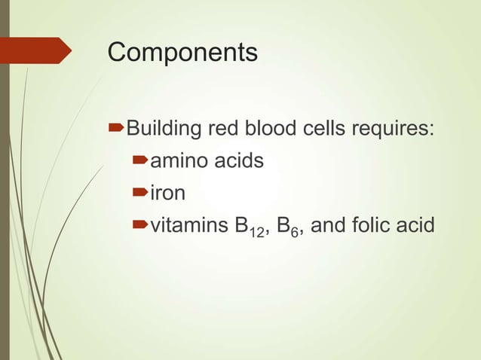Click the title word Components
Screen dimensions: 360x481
(182, 53)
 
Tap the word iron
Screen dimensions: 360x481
(168, 194)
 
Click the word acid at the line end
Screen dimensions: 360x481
(418, 226)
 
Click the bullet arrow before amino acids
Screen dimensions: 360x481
(141, 161)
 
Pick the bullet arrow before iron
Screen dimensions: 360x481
(141, 194)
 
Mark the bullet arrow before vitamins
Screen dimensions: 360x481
(141, 226)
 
